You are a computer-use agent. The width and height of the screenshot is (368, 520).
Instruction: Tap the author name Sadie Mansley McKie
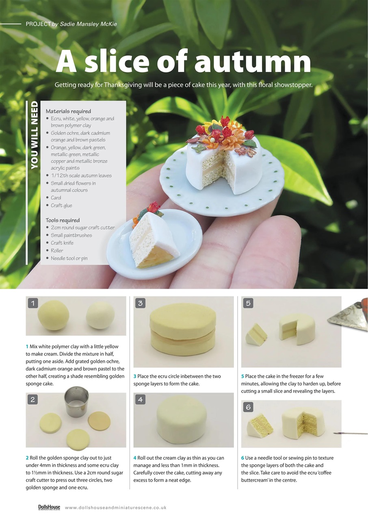[x=88, y=24]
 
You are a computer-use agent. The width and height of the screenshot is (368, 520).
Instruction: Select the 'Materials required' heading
[x=68, y=111]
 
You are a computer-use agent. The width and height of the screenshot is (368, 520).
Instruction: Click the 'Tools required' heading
[x=63, y=220]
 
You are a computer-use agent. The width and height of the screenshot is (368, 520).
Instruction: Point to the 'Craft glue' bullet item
[x=61, y=206]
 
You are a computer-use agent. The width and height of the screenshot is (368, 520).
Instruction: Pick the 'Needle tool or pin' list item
[x=69, y=258]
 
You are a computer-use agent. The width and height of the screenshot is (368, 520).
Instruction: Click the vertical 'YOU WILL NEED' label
[x=34, y=135]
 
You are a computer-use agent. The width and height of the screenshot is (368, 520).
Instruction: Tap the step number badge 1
[x=33, y=303]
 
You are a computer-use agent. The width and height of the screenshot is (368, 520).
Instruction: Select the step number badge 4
[x=140, y=399]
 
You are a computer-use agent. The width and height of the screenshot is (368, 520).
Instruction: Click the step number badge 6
[x=248, y=407]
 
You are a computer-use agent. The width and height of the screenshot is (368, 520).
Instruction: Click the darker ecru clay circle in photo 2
[x=99, y=421]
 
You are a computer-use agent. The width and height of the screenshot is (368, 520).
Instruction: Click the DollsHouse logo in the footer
[x=49, y=507]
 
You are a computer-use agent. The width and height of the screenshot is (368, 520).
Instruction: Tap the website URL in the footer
[x=115, y=507]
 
